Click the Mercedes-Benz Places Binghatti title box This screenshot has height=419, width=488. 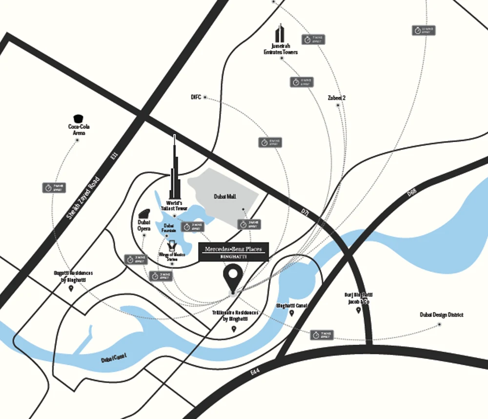[x=233, y=252]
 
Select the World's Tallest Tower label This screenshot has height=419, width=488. [x=174, y=206]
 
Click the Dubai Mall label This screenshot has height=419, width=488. [x=224, y=196]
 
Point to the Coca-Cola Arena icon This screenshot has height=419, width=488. [x=77, y=119]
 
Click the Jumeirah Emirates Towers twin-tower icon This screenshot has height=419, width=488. [x=280, y=34]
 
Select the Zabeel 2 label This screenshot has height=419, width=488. [x=336, y=98]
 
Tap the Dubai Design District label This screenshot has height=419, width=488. [x=441, y=315]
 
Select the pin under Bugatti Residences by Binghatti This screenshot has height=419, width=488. [x=71, y=289]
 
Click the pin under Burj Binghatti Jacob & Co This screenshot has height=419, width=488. [x=358, y=310]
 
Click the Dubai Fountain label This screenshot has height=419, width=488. [x=169, y=228]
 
